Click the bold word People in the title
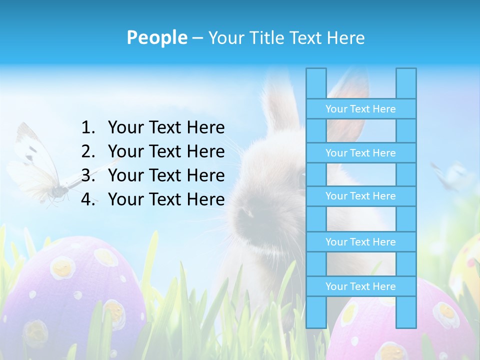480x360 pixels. (x=156, y=37)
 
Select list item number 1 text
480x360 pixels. (x=166, y=127)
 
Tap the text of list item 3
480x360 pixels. (x=166, y=175)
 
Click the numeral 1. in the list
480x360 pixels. (x=88, y=127)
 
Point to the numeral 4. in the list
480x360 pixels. (x=88, y=199)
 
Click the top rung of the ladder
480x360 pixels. (x=360, y=109)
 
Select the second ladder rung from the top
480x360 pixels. (x=360, y=153)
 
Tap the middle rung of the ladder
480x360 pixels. (x=360, y=196)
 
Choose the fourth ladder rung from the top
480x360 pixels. (x=360, y=242)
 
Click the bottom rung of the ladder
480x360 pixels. (x=360, y=286)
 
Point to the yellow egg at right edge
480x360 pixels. (x=467, y=265)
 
